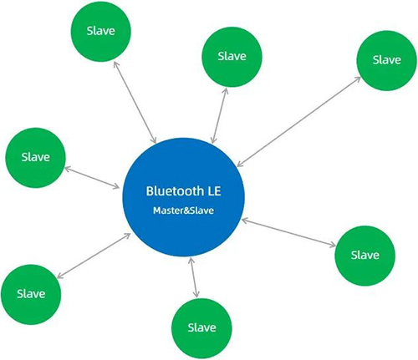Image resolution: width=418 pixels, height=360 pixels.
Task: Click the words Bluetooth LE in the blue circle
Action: pyautogui.click(x=183, y=191)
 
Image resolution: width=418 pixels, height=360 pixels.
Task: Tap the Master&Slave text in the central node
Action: pyautogui.click(x=183, y=210)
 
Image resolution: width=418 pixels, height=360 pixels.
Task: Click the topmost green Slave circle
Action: pyautogui.click(x=100, y=31)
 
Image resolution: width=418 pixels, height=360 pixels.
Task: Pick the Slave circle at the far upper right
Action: pyautogui.click(x=387, y=60)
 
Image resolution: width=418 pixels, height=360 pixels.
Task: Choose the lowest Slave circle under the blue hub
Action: pyautogui.click(x=201, y=328)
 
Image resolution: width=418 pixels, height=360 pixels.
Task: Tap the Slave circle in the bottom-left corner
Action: pyautogui.click(x=31, y=294)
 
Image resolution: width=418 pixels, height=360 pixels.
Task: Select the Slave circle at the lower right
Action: pyautogui.click(x=364, y=256)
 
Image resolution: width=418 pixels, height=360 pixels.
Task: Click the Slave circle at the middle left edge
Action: pyautogui.click(x=35, y=158)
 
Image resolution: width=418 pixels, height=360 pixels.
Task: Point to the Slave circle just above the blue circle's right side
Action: pyautogui.click(x=232, y=57)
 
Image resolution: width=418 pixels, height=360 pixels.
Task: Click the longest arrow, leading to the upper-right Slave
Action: pyautogui.click(x=298, y=122)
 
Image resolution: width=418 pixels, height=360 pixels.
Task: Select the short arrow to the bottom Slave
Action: pyautogui.click(x=194, y=277)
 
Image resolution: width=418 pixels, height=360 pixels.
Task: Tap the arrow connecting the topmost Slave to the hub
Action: pyautogui.click(x=135, y=103)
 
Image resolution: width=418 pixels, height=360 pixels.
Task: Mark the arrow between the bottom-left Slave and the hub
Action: pyautogui.click(x=94, y=256)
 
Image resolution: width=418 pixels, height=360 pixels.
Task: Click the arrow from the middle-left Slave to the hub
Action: pyautogui.click(x=92, y=177)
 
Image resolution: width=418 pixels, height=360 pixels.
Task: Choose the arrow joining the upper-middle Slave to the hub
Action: pyautogui.click(x=220, y=116)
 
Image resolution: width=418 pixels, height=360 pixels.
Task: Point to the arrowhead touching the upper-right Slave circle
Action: pyautogui.click(x=358, y=79)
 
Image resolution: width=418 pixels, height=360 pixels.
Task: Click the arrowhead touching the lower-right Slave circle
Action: pyautogui.click(x=332, y=245)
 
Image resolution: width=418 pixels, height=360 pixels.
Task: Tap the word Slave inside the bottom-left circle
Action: pyautogui.click(x=31, y=294)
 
